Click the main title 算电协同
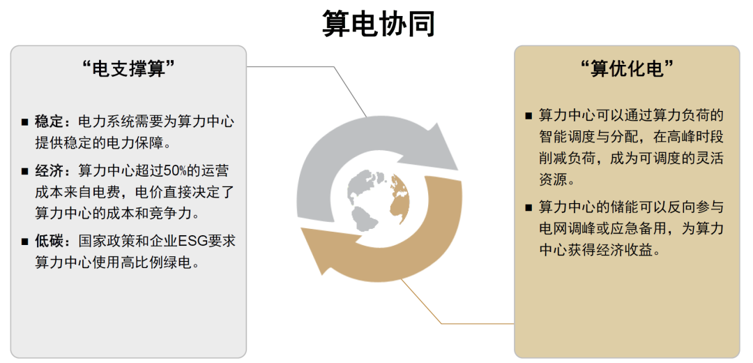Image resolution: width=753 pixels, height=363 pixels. [x=379, y=23]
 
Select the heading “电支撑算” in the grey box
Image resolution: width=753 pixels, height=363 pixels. [x=128, y=68]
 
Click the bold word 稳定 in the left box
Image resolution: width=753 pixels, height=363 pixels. [x=50, y=121]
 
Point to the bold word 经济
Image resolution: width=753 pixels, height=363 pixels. [x=50, y=171]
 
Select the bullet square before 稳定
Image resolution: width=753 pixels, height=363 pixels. [x=24, y=122]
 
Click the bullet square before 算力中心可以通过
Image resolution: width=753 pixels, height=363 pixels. [x=528, y=116]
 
